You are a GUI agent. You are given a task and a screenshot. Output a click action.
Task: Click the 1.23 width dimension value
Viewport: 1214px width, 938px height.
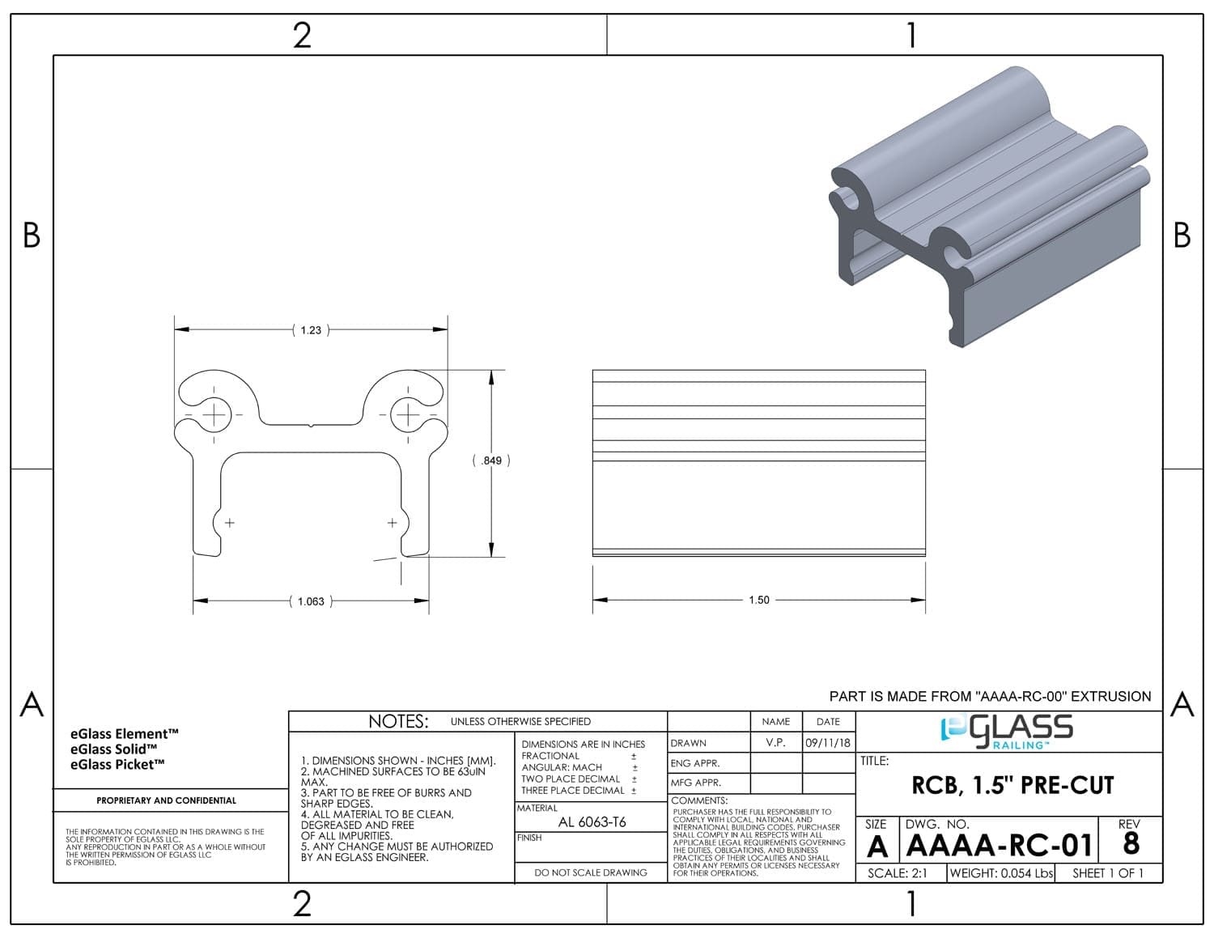(311, 330)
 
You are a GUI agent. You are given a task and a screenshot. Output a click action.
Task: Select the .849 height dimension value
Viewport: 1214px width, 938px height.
(491, 461)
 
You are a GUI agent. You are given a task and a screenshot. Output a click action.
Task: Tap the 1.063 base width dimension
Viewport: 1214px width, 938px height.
(311, 601)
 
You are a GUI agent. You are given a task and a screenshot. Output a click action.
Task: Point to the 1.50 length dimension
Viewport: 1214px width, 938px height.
(758, 600)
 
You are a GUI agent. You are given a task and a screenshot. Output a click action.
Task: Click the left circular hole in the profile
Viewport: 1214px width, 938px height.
(214, 414)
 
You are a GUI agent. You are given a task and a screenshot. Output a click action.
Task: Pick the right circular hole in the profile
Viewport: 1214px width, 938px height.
(407, 414)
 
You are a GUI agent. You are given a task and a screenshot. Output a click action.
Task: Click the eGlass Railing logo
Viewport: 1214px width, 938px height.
(1007, 732)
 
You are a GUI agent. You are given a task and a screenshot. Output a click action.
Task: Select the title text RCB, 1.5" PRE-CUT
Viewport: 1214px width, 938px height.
(1012, 785)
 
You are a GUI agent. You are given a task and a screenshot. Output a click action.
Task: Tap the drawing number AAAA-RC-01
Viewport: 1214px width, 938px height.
(999, 845)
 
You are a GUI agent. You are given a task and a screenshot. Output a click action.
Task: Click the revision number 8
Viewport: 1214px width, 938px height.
(1131, 843)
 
